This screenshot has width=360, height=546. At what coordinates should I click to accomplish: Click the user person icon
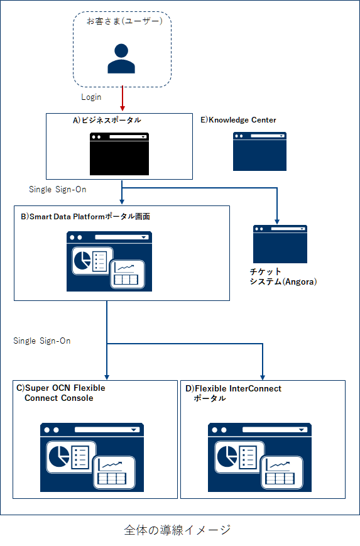(x=121, y=58)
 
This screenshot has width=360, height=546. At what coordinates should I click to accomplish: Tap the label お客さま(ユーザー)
(x=124, y=21)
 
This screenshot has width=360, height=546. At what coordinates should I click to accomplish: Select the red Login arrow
(x=123, y=99)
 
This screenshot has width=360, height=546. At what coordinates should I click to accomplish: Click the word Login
(x=91, y=97)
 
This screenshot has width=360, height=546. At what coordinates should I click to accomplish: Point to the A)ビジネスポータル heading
(x=107, y=120)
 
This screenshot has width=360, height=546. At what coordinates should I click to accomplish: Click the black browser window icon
(x=119, y=153)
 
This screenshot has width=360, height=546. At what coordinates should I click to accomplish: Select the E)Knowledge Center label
(x=238, y=120)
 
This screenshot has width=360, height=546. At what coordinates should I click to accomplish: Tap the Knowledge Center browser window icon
(x=259, y=151)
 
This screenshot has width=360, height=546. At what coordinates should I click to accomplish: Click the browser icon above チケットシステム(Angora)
(x=280, y=244)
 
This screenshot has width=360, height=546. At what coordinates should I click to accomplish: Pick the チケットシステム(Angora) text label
(x=283, y=276)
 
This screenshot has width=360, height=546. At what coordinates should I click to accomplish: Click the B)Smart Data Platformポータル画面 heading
(x=85, y=217)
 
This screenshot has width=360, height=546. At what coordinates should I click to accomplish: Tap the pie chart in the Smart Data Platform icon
(x=82, y=261)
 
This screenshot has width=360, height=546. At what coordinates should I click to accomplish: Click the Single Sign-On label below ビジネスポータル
(x=57, y=189)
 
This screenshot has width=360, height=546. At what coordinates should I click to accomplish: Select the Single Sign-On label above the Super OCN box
(x=41, y=341)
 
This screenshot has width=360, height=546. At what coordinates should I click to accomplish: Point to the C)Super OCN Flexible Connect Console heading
(x=61, y=393)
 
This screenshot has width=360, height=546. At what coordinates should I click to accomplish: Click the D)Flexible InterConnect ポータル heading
(x=233, y=393)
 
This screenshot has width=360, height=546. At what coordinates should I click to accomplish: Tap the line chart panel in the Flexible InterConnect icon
(x=281, y=472)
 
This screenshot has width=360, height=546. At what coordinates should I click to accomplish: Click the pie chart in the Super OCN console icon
(x=59, y=456)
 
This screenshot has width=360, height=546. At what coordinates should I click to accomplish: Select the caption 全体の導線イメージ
(x=177, y=530)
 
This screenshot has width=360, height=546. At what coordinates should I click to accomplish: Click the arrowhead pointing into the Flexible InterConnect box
(x=263, y=378)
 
